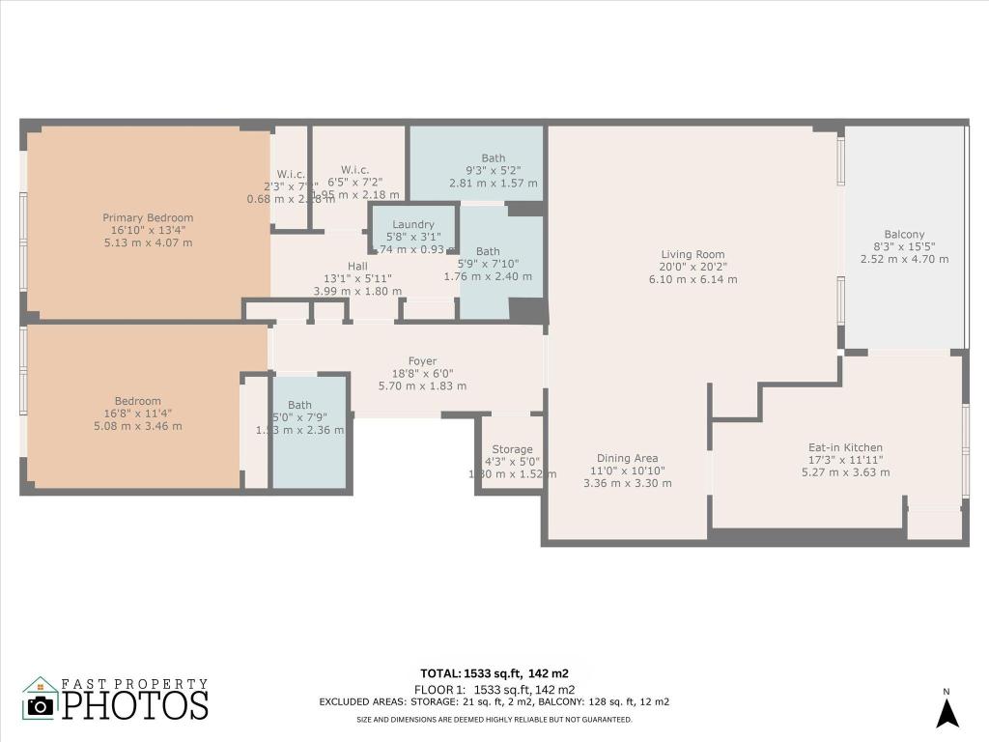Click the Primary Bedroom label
[148, 217]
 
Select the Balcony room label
[904, 234]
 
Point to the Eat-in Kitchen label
[845, 447]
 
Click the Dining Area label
[627, 458]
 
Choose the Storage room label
[512, 449]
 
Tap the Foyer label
[422, 360]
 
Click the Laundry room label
[412, 224]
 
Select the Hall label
[357, 267]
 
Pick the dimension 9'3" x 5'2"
[493, 171]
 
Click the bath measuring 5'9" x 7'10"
[488, 251]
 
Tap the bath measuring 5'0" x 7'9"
[299, 405]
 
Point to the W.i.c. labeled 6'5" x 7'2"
[354, 170]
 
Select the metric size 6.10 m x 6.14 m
[692, 279]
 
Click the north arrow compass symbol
[947, 712]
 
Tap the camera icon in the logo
[41, 704]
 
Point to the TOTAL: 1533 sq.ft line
[498, 673]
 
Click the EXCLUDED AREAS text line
[494, 702]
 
